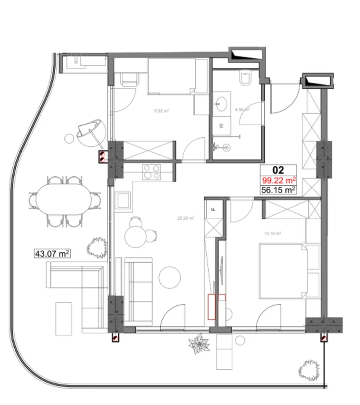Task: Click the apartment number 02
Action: click(279, 170)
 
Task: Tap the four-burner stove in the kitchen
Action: click(152, 172)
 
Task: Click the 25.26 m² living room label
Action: click(186, 218)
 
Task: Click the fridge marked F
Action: click(214, 210)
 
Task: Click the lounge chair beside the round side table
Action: click(91, 131)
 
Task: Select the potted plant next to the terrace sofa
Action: click(96, 248)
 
